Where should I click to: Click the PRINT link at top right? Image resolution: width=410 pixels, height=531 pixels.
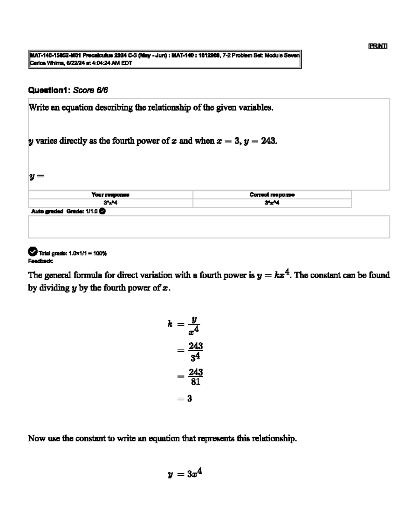pyautogui.click(x=378, y=46)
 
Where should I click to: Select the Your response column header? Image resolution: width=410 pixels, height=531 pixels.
pyautogui.click(x=110, y=195)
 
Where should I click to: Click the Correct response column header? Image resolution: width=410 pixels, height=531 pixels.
pyautogui.click(x=272, y=195)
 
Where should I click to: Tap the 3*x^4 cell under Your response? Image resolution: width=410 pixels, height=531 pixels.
pyautogui.click(x=110, y=203)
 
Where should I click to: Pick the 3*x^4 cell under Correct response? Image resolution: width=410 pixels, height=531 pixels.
pyautogui.click(x=272, y=203)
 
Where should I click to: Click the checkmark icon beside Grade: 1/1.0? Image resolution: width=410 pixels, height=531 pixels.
pyautogui.click(x=102, y=211)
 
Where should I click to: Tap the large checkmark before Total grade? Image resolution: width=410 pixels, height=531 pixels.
pyautogui.click(x=32, y=252)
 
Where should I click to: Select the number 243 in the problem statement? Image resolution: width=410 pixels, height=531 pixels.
pyautogui.click(x=268, y=141)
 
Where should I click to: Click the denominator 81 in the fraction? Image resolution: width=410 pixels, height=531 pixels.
pyautogui.click(x=195, y=382)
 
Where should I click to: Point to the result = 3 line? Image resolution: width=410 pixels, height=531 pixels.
pyautogui.click(x=185, y=399)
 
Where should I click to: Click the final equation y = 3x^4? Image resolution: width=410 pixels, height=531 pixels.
pyautogui.click(x=185, y=474)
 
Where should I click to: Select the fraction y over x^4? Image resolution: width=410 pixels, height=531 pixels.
pyautogui.click(x=194, y=325)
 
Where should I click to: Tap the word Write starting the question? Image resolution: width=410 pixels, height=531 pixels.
pyautogui.click(x=39, y=108)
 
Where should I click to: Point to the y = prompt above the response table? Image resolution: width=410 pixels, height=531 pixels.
pyautogui.click(x=37, y=176)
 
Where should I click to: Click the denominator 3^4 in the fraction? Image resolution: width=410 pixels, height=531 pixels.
pyautogui.click(x=195, y=357)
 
